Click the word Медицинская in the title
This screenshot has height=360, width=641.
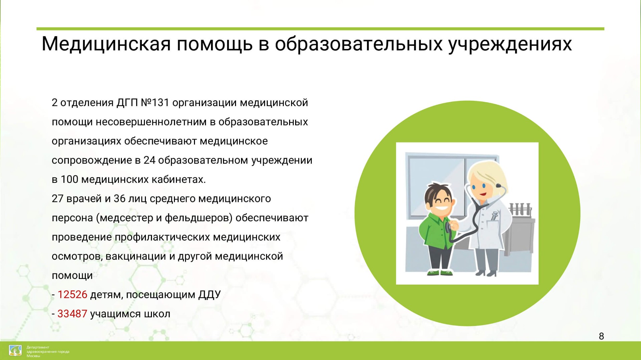pos(106,44)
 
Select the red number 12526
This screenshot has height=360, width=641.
pos(72,295)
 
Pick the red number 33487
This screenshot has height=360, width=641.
pos(72,314)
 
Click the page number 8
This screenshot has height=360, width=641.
pos(601,336)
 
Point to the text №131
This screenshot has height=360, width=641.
pos(155,103)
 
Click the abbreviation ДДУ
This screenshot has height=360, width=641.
pos(210,295)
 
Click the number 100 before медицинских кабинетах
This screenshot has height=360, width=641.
pos(69,179)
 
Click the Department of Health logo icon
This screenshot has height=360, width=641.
pos(15,351)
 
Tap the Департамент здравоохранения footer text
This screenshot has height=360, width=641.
pos(48,351)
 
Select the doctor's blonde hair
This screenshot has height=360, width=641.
pos(488,177)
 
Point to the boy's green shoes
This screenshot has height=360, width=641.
pos(440,273)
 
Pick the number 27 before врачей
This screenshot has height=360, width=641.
pos(57,199)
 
